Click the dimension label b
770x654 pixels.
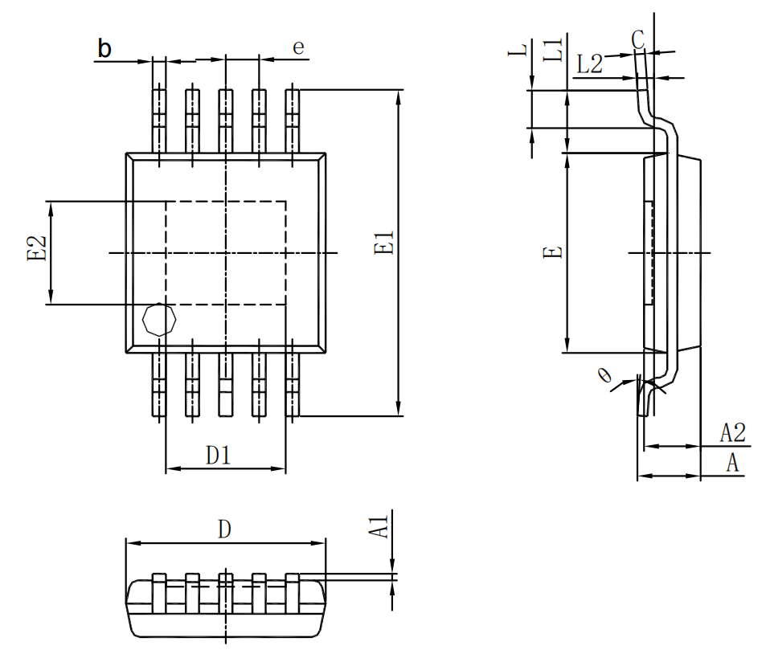[104, 49]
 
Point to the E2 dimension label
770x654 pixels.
[36, 249]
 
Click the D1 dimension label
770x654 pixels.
[219, 456]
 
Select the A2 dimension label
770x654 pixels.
[732, 434]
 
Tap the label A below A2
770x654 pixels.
[732, 463]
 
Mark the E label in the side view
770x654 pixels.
[551, 252]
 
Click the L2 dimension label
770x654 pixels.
[589, 64]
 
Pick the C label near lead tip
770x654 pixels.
[637, 38]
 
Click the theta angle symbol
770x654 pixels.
[605, 374]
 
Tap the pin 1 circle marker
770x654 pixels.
[158, 320]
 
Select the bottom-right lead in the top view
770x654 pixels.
[293, 383]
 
